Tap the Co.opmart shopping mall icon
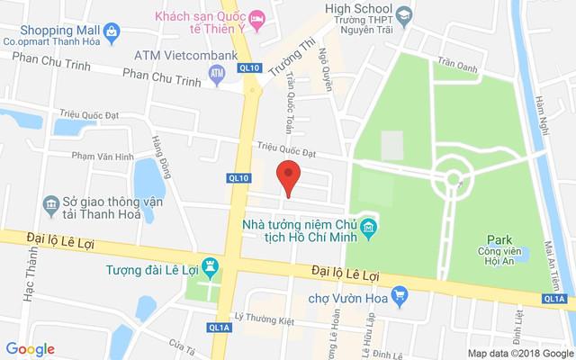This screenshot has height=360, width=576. point(111,32)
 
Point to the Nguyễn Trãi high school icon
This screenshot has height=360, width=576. point(403,14)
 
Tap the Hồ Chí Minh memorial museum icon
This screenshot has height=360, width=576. point(369,229)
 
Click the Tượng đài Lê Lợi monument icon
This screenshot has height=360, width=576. point(211,267)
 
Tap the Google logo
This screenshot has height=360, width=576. point(31,349)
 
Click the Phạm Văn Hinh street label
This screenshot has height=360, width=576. point(102,156)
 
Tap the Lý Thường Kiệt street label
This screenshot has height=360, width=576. point(265,317)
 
